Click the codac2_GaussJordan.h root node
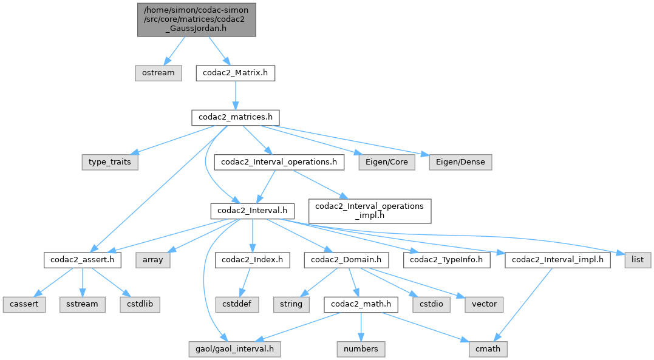[197, 19]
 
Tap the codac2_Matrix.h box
[236, 73]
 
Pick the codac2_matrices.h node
[236, 117]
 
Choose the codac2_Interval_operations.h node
[279, 162]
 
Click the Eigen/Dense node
[460, 162]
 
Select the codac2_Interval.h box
[253, 211]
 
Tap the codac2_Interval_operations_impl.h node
[370, 211]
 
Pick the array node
[152, 260]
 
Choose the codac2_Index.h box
[253, 260]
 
